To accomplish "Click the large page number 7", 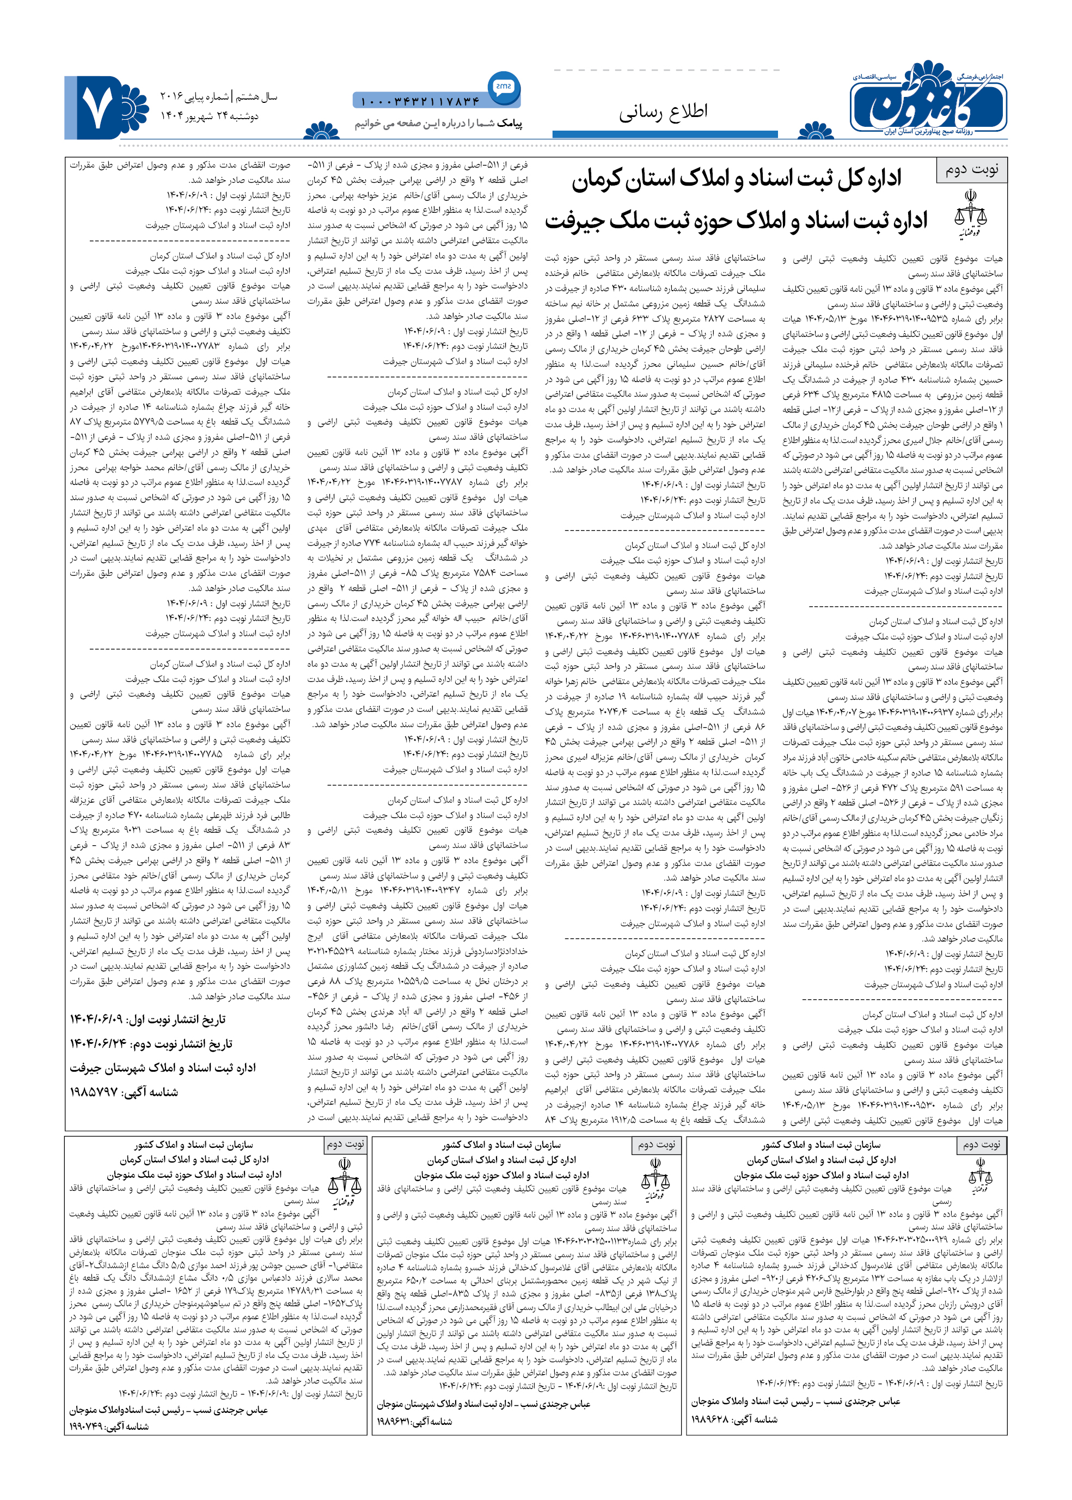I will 96,108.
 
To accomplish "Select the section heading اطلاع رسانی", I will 663,112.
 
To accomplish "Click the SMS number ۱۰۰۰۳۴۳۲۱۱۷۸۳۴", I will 420,101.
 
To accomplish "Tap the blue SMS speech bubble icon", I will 504,87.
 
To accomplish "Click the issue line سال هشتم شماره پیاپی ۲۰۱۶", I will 218,97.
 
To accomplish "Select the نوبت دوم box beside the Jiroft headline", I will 972,170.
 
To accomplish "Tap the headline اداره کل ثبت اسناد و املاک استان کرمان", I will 736,180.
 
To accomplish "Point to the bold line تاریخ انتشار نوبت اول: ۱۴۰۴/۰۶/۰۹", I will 148,1019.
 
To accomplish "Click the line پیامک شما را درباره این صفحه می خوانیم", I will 438,124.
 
